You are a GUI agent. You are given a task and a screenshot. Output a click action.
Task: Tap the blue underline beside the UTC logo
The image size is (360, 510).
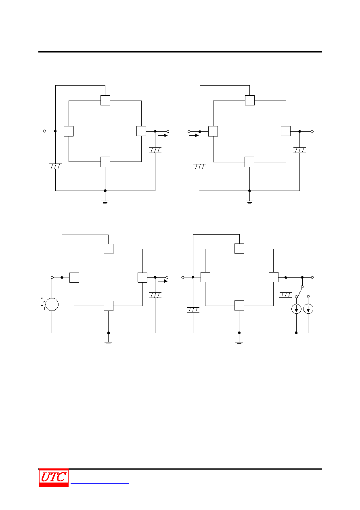(x=99, y=484)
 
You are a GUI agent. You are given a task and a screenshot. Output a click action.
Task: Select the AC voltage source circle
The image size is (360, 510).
(x=52, y=304)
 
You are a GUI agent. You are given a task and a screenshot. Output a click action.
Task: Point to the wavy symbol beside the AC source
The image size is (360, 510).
(x=43, y=304)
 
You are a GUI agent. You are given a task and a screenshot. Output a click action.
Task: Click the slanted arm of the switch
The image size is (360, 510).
(x=299, y=292)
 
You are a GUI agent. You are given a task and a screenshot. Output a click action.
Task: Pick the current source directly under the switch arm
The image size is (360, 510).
(x=296, y=309)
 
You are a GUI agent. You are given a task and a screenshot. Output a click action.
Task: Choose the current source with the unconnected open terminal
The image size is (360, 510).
(x=308, y=309)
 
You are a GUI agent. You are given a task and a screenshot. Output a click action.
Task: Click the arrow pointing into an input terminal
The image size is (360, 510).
(x=194, y=135)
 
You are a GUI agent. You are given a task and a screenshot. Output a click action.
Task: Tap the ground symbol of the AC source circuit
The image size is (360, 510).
(x=108, y=344)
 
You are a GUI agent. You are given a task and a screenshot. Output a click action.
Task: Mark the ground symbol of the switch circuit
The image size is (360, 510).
(x=239, y=344)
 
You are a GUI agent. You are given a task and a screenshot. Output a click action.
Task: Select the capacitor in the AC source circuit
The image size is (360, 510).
(x=155, y=295)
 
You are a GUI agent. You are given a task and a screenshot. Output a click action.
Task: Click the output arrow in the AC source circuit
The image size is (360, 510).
(x=163, y=281)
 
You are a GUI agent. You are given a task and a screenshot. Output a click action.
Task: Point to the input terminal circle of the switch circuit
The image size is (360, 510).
(x=183, y=277)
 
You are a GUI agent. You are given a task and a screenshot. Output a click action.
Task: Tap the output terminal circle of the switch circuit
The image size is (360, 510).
(x=312, y=277)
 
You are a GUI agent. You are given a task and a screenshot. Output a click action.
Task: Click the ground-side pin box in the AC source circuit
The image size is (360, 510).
(x=109, y=306)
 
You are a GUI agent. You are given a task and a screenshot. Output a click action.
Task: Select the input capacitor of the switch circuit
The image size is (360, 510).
(x=193, y=310)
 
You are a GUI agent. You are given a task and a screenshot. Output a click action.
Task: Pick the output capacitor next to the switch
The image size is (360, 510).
(x=286, y=295)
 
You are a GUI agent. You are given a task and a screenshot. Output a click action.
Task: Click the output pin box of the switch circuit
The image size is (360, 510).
(x=274, y=277)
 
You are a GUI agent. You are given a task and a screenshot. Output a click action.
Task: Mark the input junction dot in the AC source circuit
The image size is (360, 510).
(x=62, y=277)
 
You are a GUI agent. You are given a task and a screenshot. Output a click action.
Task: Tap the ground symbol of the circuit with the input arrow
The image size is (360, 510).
(x=249, y=202)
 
